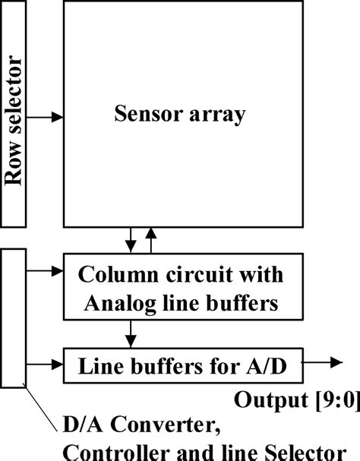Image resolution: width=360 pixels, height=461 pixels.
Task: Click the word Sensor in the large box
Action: pos(142,115)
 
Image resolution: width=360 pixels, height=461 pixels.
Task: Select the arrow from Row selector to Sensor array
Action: pos(46,118)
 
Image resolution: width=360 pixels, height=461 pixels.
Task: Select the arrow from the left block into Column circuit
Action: pos(45,270)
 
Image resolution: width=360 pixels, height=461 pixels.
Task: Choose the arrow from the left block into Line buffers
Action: pos(45,364)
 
